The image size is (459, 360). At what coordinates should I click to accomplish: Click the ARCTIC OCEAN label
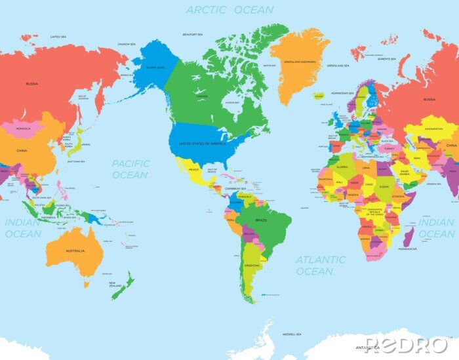[x=229, y=10]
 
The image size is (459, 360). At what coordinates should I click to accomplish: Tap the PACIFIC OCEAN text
[x=130, y=169]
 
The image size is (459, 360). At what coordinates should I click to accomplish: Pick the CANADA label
[x=202, y=96]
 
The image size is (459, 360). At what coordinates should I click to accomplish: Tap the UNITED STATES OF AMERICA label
[x=208, y=144]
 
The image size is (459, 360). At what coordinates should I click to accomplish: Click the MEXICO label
[x=194, y=169]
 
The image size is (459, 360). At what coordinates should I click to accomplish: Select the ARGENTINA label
[x=250, y=265]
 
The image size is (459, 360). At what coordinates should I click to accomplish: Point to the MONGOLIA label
[x=23, y=129]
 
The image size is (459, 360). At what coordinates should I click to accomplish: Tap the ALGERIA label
[x=343, y=167]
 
